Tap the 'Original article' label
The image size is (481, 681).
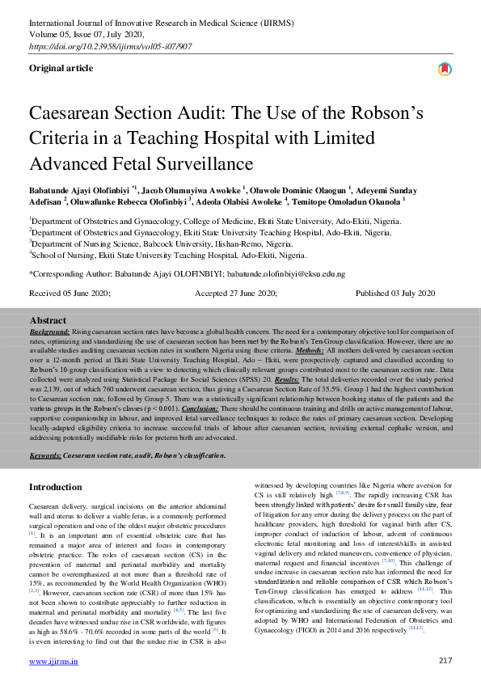[61, 68]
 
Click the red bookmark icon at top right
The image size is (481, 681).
[444, 70]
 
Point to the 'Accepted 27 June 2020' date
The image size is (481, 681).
[235, 293]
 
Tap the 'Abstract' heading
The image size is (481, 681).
[48, 321]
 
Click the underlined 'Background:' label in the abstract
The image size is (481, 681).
[48, 332]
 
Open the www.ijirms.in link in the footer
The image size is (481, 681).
[53, 661]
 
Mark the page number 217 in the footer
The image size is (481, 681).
[444, 661]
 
